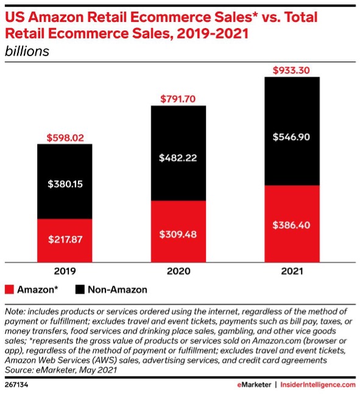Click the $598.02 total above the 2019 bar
(x=65, y=137)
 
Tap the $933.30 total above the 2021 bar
(x=292, y=70)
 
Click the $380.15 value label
(x=65, y=181)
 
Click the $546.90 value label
(x=292, y=137)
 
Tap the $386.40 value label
(x=292, y=225)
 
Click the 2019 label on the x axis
(x=65, y=272)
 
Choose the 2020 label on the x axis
(x=178, y=272)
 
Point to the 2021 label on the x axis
(x=292, y=272)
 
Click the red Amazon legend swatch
(x=9, y=289)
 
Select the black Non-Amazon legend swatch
(x=80, y=289)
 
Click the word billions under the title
(x=27, y=52)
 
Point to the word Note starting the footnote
(x=16, y=312)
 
